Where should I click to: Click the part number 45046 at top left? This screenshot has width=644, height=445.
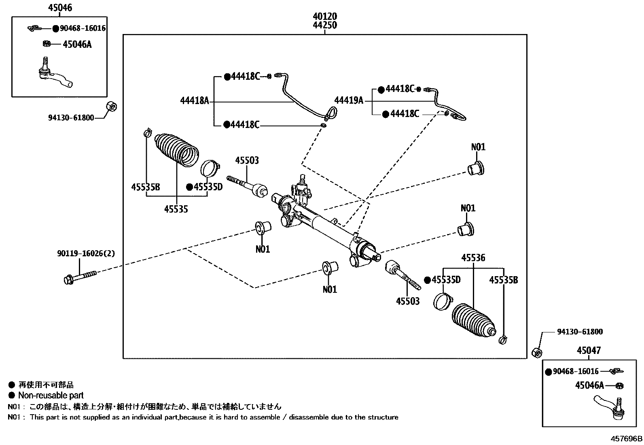[60, 7]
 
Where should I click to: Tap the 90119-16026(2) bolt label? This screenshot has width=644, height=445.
[86, 254]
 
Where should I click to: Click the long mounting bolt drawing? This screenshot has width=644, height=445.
[80, 277]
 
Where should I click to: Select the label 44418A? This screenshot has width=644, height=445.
[195, 100]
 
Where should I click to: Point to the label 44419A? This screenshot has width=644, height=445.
[349, 100]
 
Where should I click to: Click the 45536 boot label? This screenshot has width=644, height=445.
[473, 258]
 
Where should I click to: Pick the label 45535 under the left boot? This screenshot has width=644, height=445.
[176, 209]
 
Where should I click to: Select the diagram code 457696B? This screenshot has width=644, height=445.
[626, 439]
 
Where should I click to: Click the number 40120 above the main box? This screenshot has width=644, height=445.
[325, 17]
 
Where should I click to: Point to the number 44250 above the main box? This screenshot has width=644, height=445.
[325, 26]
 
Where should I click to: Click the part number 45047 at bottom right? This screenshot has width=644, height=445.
[589, 351]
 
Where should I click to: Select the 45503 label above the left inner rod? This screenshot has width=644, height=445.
[247, 161]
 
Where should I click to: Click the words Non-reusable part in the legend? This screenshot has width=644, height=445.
[51, 396]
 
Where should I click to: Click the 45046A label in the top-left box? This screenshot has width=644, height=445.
[77, 45]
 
